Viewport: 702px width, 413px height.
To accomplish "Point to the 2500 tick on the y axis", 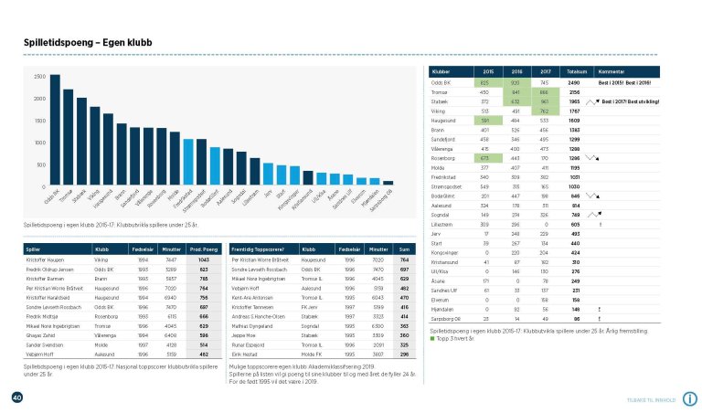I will [x=39, y=77].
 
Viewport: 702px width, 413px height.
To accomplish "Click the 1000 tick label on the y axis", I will [x=39, y=143].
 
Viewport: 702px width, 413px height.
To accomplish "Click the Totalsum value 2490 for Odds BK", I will [x=575, y=82].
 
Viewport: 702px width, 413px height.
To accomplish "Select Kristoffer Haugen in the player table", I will [x=47, y=259].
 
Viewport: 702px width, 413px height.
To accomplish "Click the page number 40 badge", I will [x=16, y=397].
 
